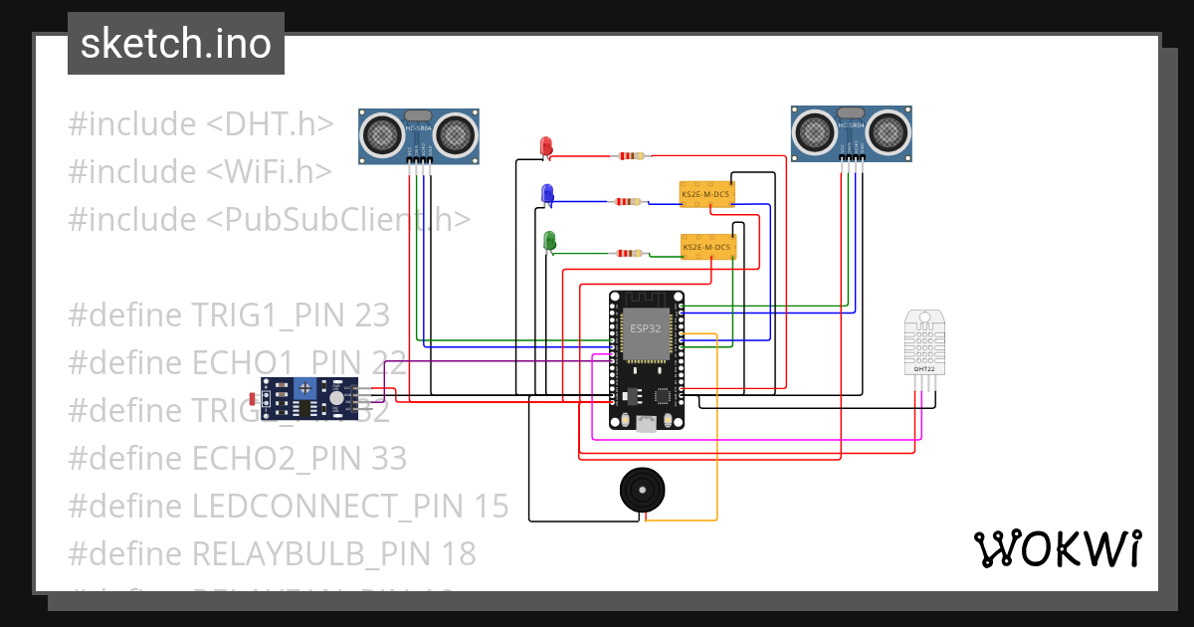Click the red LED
click(545, 147)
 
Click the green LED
click(549, 242)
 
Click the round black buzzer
click(642, 490)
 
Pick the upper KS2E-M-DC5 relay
click(706, 194)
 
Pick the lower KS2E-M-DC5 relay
click(707, 246)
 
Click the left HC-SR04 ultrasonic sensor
click(419, 135)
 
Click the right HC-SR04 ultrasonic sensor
click(852, 133)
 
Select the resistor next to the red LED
click(631, 155)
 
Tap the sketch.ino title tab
click(176, 44)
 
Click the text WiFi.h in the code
click(270, 171)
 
